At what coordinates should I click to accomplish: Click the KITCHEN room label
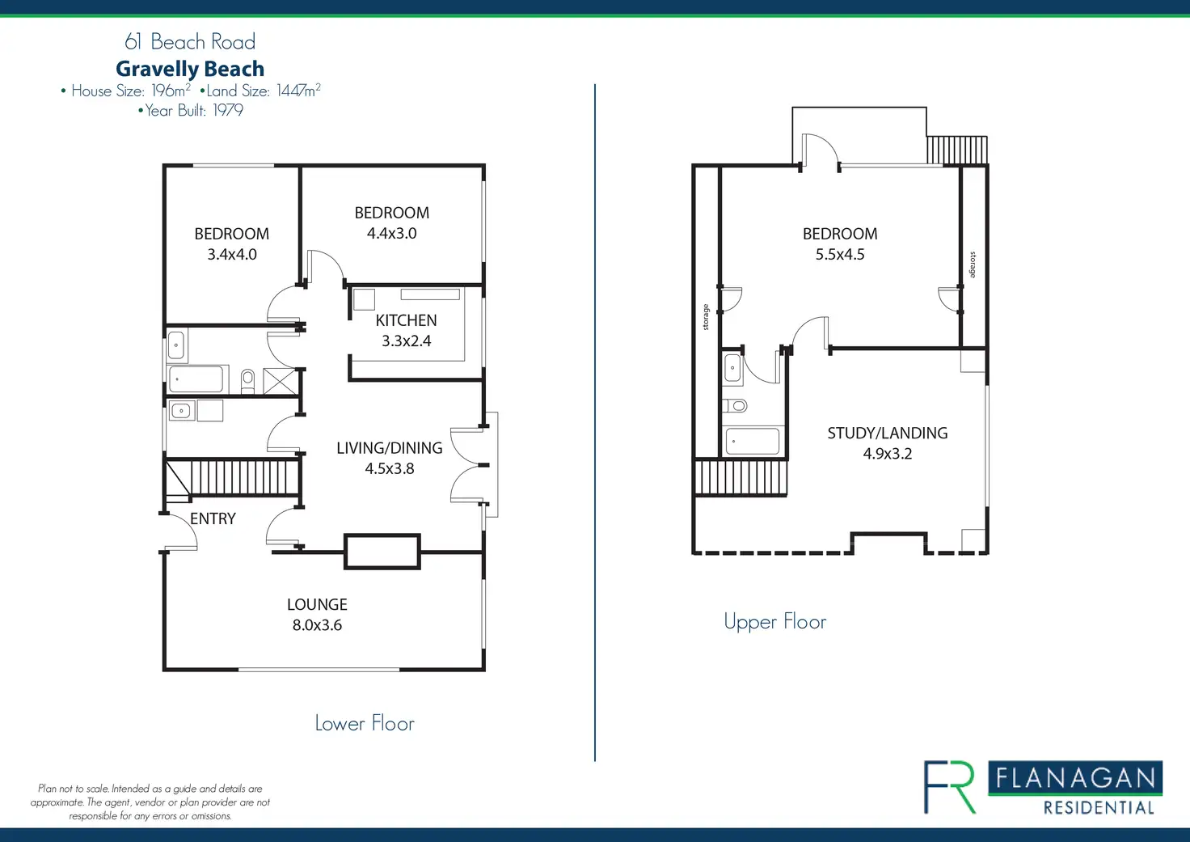tap(407, 320)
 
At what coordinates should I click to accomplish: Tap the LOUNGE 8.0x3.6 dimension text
tap(317, 625)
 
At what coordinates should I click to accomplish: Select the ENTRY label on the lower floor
tap(213, 518)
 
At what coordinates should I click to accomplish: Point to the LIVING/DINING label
tap(390, 448)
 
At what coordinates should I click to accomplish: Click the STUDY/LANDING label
tap(887, 434)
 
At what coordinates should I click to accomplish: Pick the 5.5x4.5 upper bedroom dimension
tap(840, 255)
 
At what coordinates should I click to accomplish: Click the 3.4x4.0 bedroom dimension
tap(232, 255)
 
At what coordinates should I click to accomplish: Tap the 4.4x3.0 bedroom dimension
tap(391, 234)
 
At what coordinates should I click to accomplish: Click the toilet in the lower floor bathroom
tap(247, 381)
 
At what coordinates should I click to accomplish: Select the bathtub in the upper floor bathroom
tap(753, 441)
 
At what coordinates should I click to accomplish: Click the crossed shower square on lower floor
tap(280, 381)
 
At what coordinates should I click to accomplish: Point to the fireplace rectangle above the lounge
tap(382, 552)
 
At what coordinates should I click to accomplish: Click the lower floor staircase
tap(232, 478)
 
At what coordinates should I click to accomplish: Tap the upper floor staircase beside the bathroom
tap(740, 477)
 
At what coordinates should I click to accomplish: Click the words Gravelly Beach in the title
tap(190, 69)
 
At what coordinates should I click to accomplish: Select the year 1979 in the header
tap(228, 110)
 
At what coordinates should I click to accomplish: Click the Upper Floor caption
tap(775, 621)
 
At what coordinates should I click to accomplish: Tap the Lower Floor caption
tap(365, 723)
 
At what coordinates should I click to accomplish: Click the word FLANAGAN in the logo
tap(1075, 778)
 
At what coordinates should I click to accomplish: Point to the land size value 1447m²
tap(298, 91)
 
